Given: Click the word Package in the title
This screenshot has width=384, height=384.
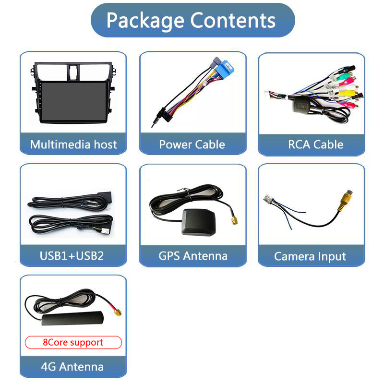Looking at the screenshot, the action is [x=146, y=20].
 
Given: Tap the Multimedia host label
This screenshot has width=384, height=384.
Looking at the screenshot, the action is [x=73, y=144].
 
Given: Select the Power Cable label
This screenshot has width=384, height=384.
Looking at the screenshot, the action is [x=192, y=144].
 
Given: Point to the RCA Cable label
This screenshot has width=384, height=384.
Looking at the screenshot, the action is [x=315, y=144].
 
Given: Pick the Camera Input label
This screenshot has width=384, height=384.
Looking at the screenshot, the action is [x=310, y=256].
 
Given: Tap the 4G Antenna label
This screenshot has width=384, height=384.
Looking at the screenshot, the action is [x=72, y=367].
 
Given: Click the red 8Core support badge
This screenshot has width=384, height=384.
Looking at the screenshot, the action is [x=73, y=342].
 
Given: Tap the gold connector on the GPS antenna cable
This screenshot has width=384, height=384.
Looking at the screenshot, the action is [x=234, y=220].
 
